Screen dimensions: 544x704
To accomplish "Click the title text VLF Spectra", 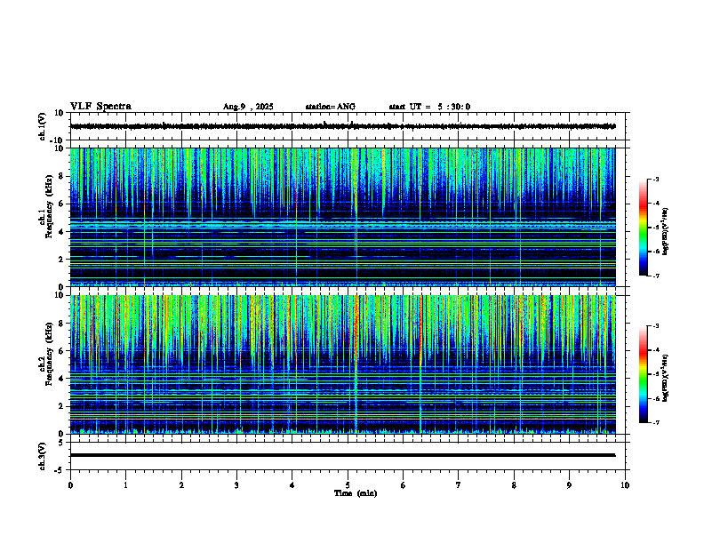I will coord(100,106).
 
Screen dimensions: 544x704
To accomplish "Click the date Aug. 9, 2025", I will coord(248,107).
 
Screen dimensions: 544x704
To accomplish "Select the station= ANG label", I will coord(331,107).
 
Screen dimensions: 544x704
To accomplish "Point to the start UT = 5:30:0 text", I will coord(429,107).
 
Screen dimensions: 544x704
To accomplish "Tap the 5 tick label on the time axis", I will coord(348,485).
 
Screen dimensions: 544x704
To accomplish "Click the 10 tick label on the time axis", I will coord(625,485).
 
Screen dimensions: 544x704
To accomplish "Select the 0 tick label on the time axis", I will coord(70,485).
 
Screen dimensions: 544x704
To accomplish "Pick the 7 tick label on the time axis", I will coord(459,485).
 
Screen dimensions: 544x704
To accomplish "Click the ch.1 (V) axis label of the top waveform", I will coord(43,126).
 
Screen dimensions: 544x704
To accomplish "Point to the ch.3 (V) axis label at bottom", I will coord(43,454).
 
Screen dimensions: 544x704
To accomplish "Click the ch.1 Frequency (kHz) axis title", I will coord(42,218).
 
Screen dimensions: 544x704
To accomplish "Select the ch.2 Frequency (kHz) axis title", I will coord(42,364).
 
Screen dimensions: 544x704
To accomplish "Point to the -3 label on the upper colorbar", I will coord(655,180).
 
